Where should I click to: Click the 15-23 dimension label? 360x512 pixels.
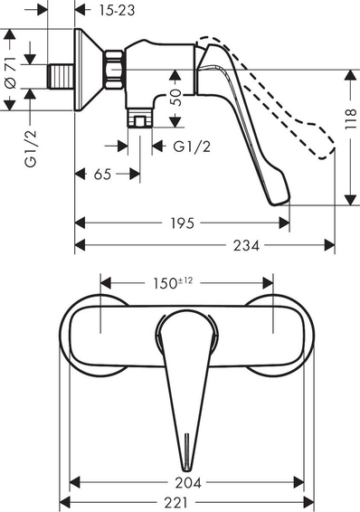coord(117,11)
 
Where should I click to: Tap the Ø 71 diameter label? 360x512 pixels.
coord(11,72)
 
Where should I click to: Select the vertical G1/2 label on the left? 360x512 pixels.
coord(31,149)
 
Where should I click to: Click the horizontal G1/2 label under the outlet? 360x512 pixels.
coord(192,147)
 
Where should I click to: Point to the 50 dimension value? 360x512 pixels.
coord(175,98)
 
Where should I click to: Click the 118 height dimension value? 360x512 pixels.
coord(351,119)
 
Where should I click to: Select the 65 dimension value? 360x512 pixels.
coord(102,175)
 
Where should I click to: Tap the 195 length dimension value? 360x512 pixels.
coord(182,223)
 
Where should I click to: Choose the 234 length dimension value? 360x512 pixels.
coord(246,245)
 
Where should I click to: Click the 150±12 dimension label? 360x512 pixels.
coord(173,283)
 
